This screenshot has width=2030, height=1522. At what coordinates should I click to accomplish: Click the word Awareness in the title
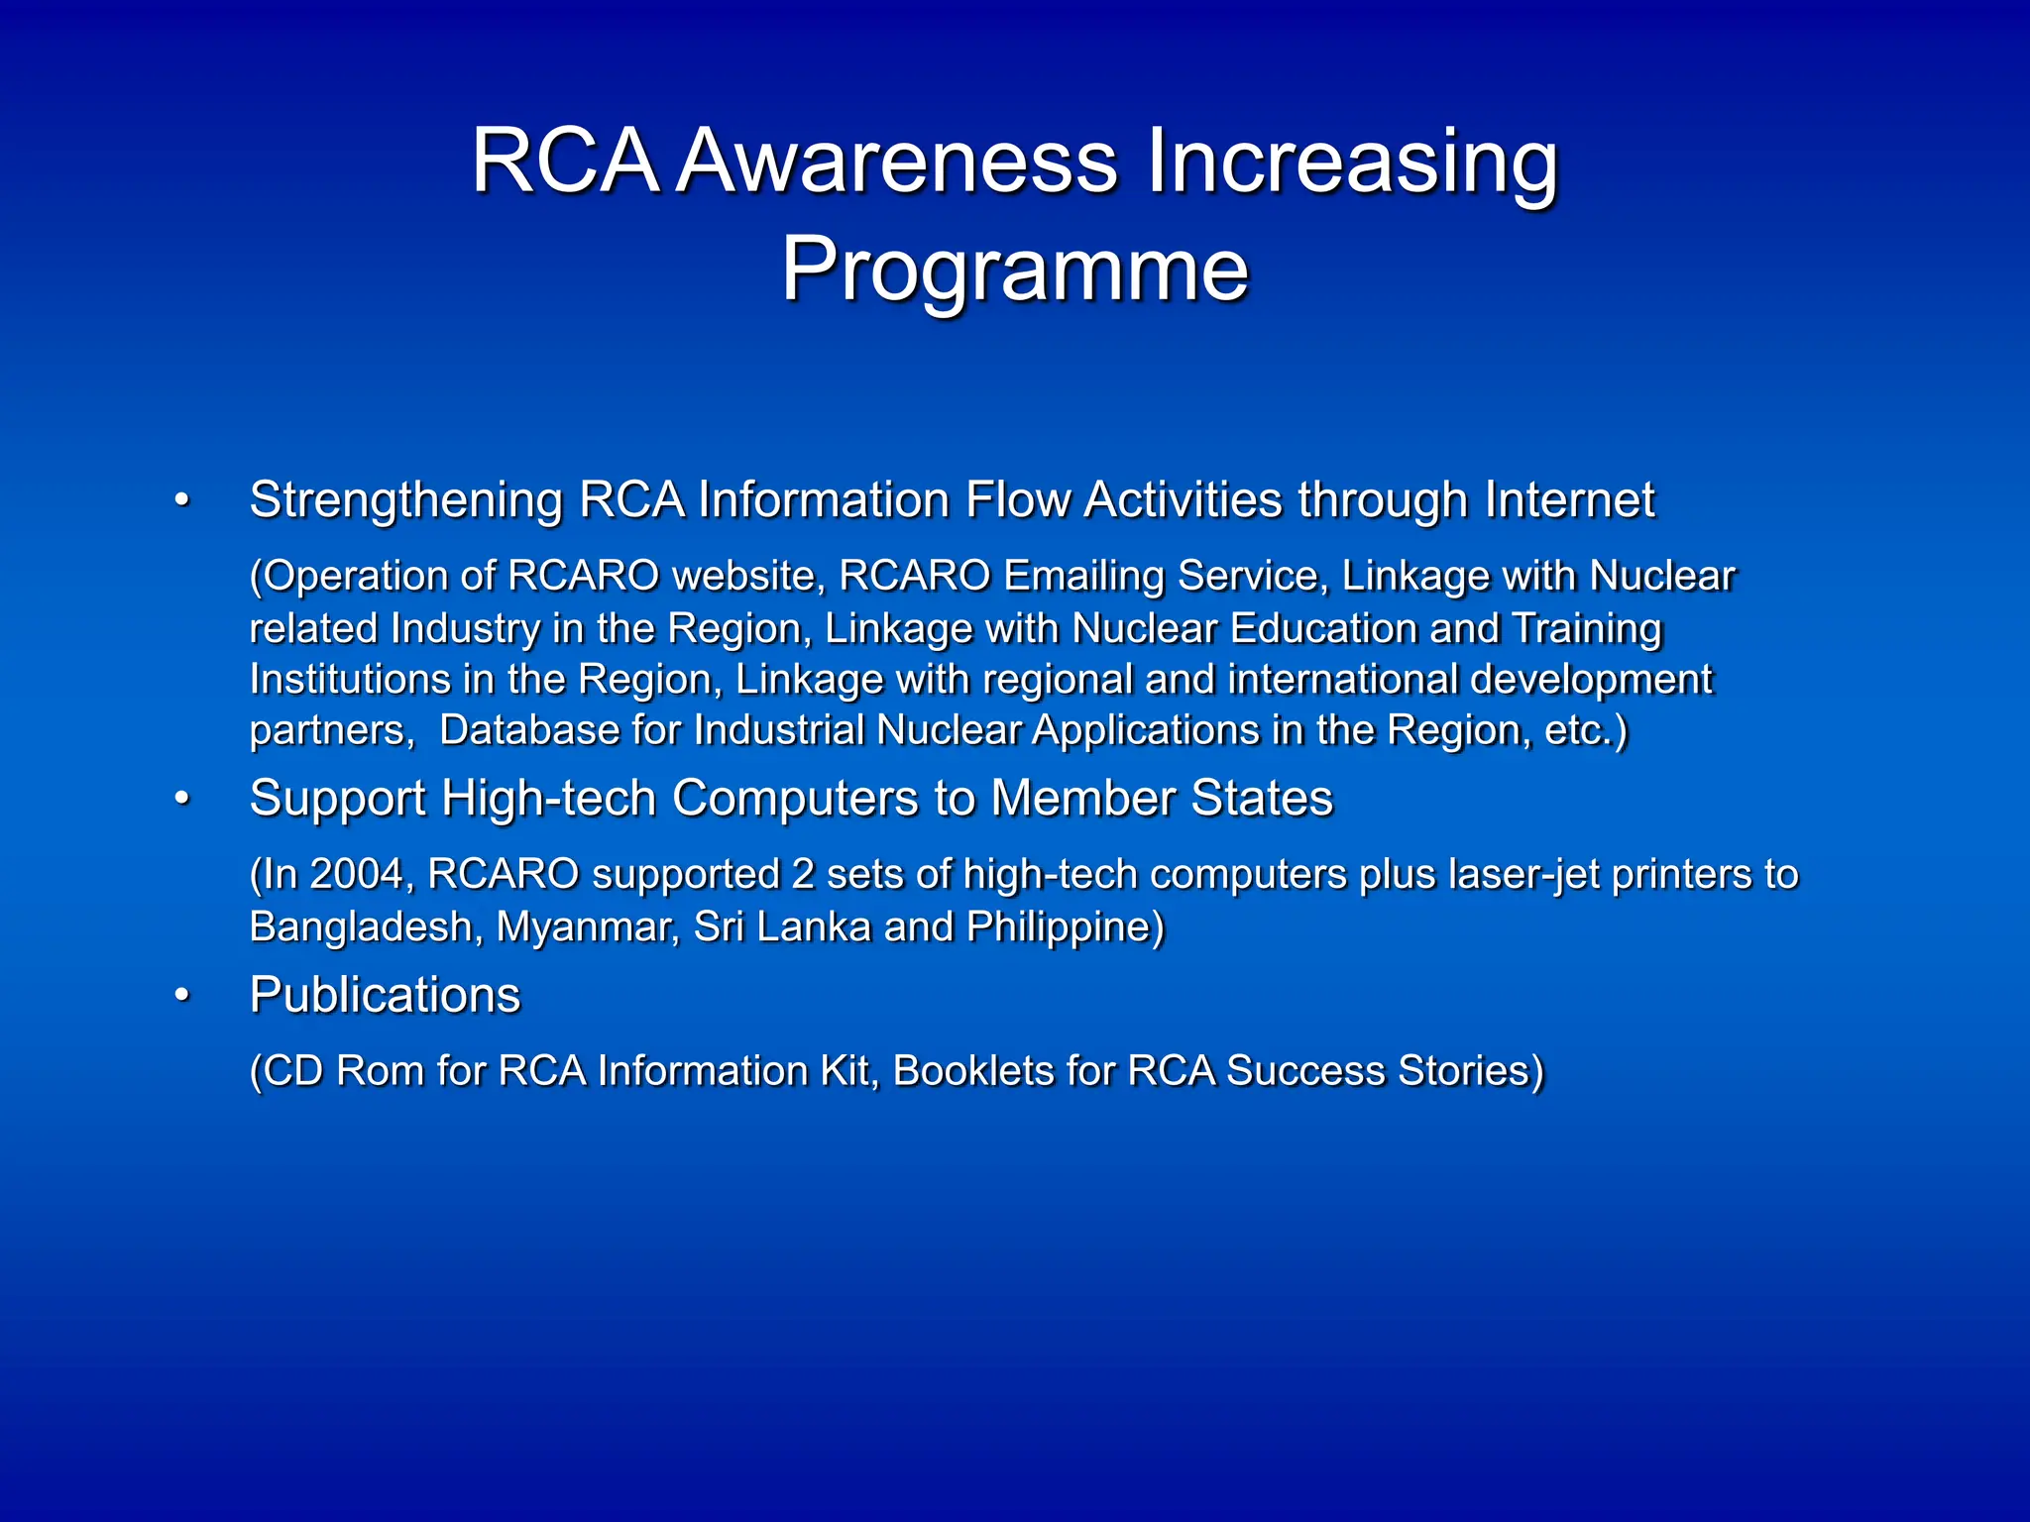point(898,162)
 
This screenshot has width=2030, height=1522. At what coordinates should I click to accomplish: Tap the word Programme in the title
point(1015,270)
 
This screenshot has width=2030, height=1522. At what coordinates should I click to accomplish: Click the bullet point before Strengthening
point(181,500)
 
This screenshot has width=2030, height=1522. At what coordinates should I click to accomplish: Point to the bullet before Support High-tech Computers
point(181,799)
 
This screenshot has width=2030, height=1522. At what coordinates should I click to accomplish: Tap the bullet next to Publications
point(181,996)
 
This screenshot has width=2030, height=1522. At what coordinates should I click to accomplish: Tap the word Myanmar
point(587,927)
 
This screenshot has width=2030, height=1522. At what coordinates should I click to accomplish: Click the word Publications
point(385,996)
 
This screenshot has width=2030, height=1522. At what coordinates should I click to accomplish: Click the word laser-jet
point(1522,875)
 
